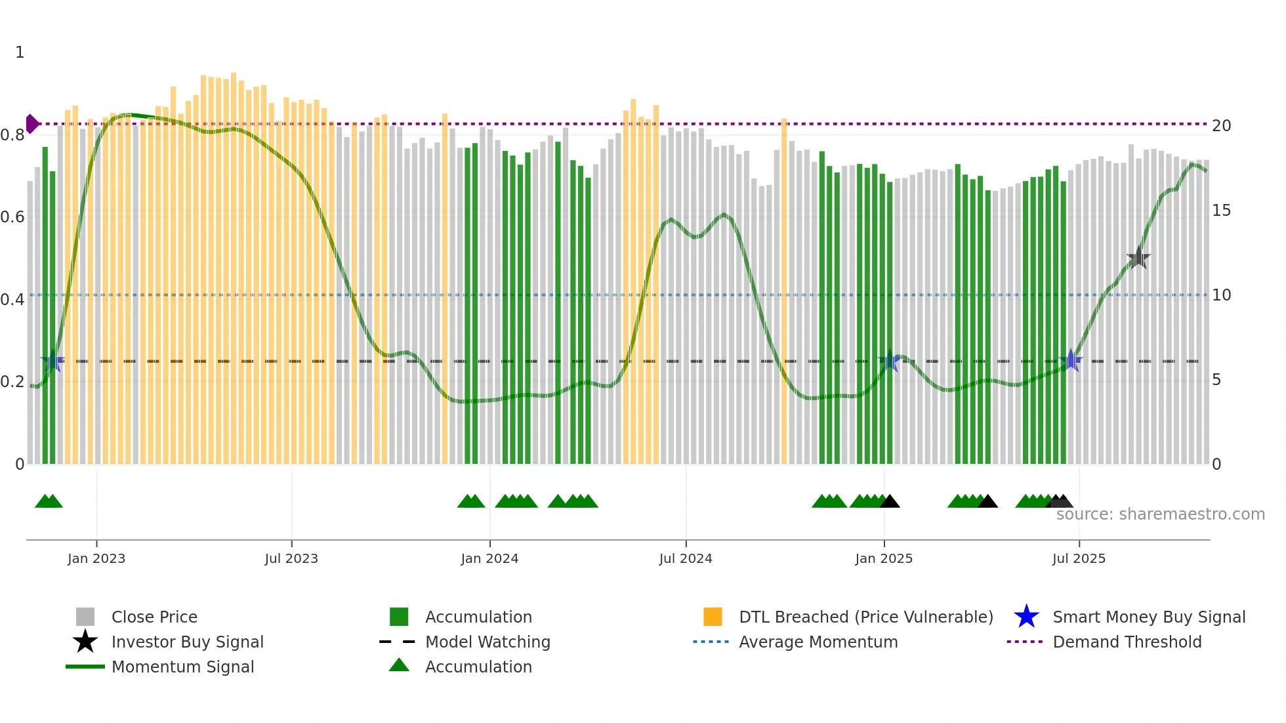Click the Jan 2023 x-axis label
[96, 558]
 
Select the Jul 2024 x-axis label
[686, 558]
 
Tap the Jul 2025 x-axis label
[1079, 558]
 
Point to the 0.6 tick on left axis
[12, 217]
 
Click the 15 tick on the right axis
[1221, 211]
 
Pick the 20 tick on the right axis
[1221, 126]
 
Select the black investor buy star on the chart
[1138, 258]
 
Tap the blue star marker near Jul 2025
[1071, 360]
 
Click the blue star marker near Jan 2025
[890, 360]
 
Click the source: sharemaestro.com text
[1160, 514]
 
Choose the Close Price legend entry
[154, 617]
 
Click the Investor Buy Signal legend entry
[187, 642]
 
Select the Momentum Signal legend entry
[182, 667]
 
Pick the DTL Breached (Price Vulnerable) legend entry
[865, 617]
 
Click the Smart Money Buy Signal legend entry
[1148, 617]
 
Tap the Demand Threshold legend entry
[1127, 642]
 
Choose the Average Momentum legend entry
[818, 642]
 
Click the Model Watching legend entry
[487, 642]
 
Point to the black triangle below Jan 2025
[890, 502]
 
